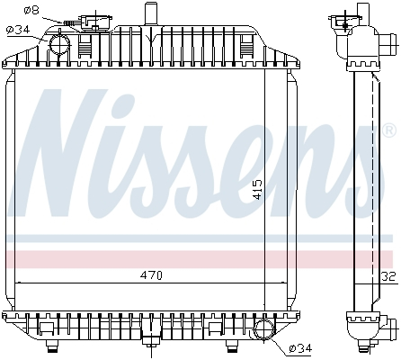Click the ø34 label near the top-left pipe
pyautogui.click(x=18, y=30)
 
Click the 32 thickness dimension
pyautogui.click(x=388, y=276)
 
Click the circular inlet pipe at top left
pyautogui.click(x=60, y=43)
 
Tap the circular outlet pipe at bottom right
pyautogui.click(x=266, y=329)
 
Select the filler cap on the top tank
pyautogui.click(x=91, y=21)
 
